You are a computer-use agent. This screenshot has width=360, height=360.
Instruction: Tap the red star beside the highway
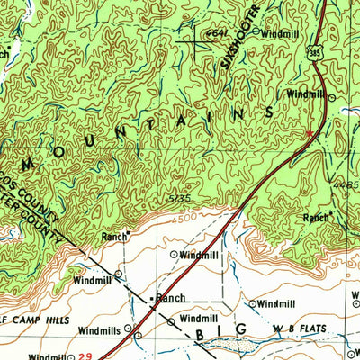(x=310, y=133)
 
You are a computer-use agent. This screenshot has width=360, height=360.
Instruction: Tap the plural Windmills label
(x=99, y=329)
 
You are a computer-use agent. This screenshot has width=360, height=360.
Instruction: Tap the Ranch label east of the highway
(x=315, y=217)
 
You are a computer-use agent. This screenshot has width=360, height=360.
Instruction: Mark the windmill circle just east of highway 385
(x=331, y=96)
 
